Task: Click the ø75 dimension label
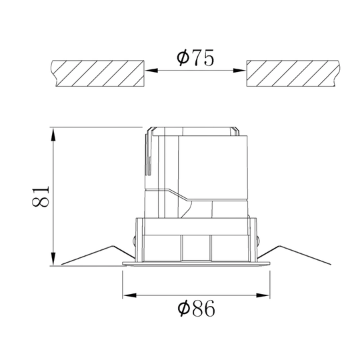[x=195, y=57]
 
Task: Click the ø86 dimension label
[x=197, y=308]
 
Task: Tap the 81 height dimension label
[x=41, y=197]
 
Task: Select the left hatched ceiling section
[x=97, y=73]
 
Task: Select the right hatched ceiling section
[x=293, y=73]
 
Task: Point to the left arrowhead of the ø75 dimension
[x=151, y=71]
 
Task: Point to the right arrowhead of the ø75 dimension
[x=239, y=71]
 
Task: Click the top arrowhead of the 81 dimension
[x=53, y=134]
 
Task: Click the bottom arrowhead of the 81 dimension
[x=53, y=259]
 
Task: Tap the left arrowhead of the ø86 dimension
[x=129, y=295]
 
